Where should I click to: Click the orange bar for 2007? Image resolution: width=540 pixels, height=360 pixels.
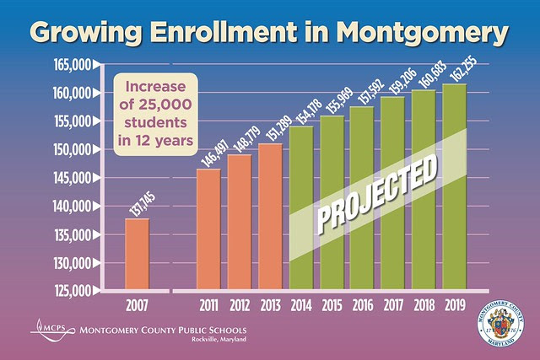click(x=138, y=254)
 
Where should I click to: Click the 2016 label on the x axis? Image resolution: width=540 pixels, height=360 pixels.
click(x=363, y=304)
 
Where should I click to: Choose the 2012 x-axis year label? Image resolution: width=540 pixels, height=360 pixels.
click(x=240, y=304)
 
